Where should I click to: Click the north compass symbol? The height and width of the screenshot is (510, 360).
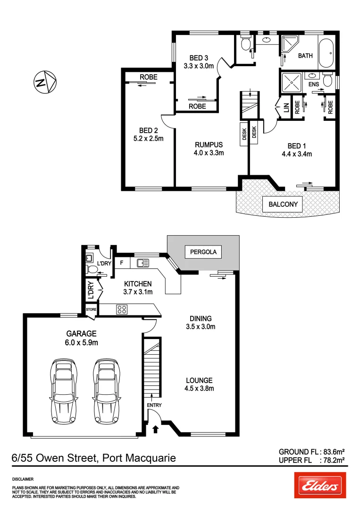[x=45, y=82]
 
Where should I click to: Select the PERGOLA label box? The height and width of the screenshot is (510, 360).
[x=203, y=252]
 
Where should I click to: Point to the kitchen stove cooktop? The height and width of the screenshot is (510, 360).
[x=122, y=310]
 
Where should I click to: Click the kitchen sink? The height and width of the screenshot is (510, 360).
[x=143, y=263]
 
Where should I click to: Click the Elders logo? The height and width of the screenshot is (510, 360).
[x=320, y=485]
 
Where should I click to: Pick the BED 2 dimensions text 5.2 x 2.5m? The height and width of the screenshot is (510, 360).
[x=148, y=139]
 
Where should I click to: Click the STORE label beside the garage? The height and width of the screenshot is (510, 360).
[x=91, y=310]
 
